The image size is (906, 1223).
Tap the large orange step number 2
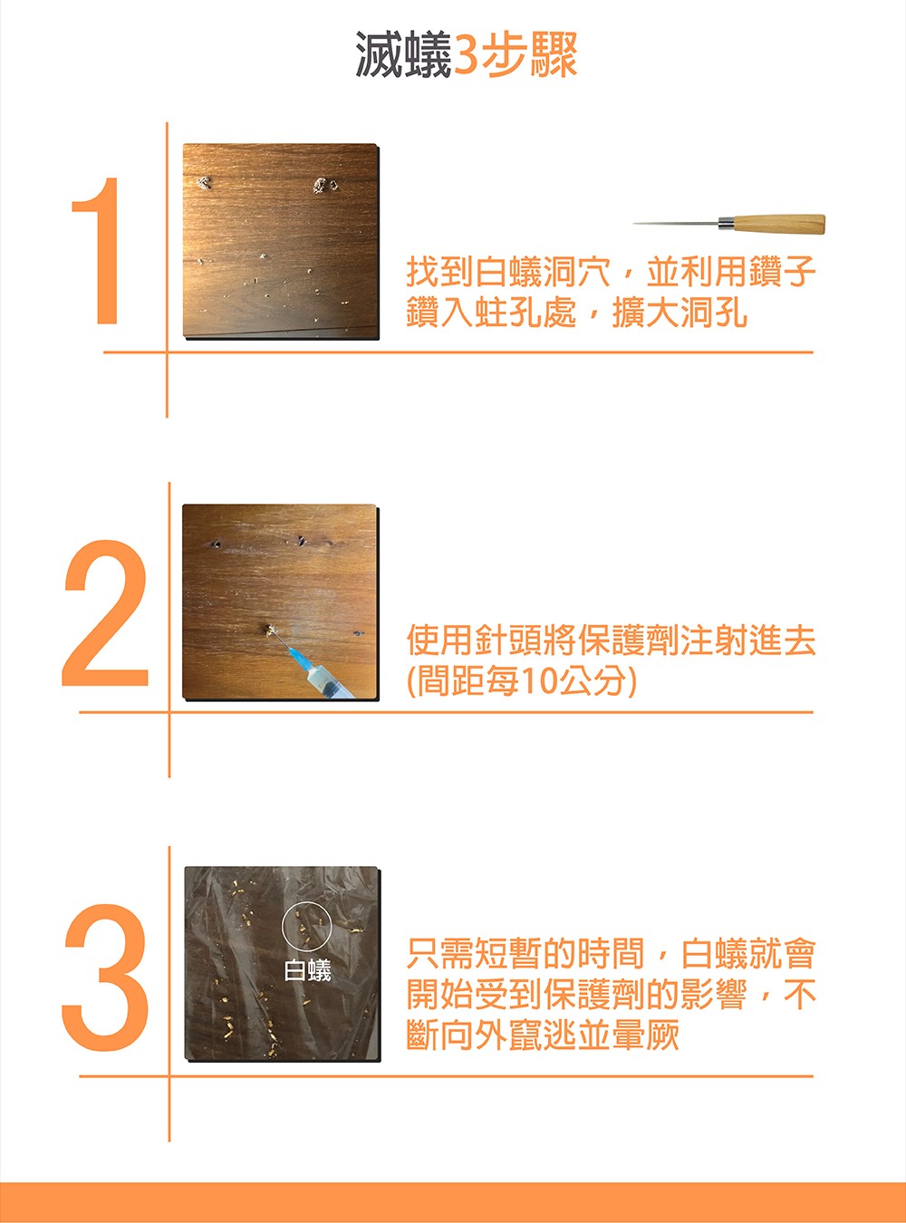(x=105, y=612)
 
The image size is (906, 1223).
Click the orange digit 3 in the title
(x=466, y=55)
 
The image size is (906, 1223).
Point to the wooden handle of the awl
(x=778, y=224)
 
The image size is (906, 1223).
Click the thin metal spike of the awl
(x=676, y=224)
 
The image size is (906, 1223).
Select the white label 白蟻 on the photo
(x=308, y=970)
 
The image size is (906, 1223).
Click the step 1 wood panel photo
(x=281, y=241)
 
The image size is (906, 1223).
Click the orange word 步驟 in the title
(x=529, y=54)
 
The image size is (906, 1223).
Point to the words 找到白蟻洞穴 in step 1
(x=508, y=272)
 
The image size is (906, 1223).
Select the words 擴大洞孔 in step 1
(x=679, y=313)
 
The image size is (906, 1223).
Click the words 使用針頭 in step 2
(x=474, y=640)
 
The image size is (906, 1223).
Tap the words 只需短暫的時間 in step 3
(x=525, y=953)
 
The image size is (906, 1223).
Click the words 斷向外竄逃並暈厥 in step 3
(x=543, y=1035)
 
